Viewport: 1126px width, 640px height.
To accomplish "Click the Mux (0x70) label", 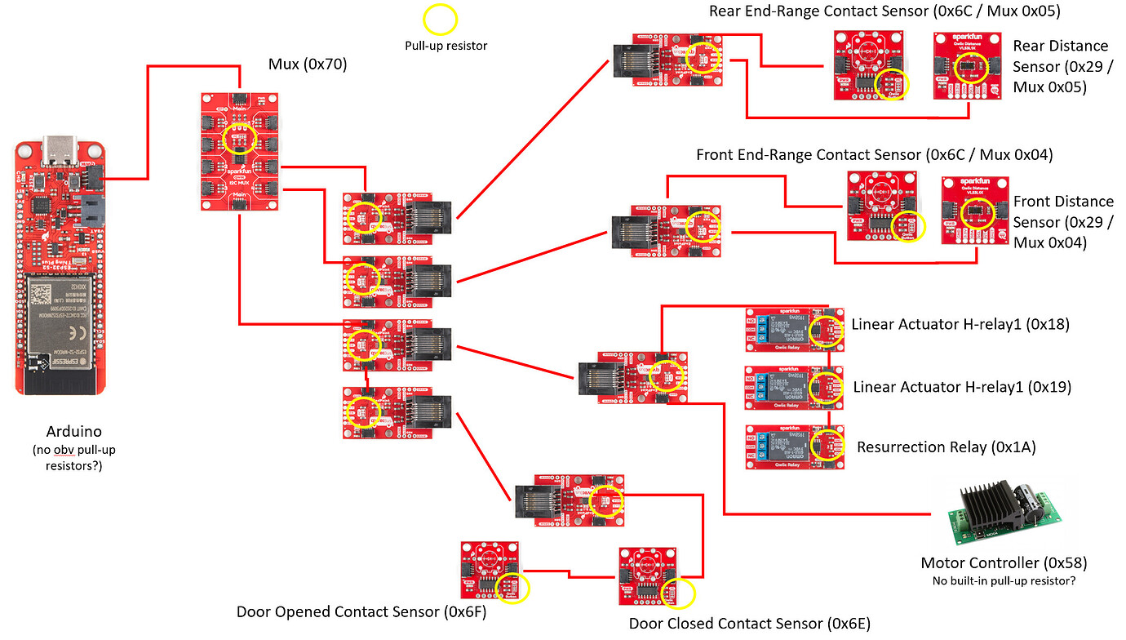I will [x=308, y=64].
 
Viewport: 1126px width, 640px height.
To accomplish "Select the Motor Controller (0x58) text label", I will [x=1004, y=562].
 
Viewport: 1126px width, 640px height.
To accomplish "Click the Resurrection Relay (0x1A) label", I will [x=946, y=447].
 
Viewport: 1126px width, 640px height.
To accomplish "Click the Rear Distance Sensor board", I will [x=967, y=66].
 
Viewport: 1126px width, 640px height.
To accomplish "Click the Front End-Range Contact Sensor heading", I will [x=874, y=154].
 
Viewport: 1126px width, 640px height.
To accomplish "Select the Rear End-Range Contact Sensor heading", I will [x=884, y=11].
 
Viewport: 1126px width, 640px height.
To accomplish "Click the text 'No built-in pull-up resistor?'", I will [x=1004, y=580].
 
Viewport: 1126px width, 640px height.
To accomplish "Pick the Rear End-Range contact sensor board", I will [x=868, y=64].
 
